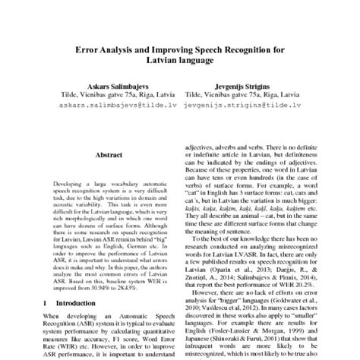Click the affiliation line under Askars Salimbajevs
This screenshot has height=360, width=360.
coord(111,98)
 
